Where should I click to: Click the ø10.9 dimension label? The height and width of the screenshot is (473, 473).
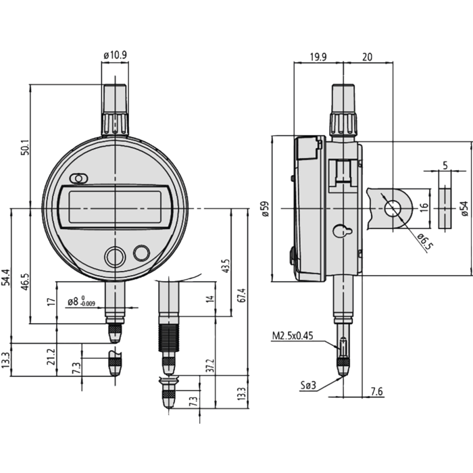coord(115,55)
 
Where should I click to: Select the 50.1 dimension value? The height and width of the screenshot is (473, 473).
coord(25,147)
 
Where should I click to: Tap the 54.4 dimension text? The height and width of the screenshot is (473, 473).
coord(6,278)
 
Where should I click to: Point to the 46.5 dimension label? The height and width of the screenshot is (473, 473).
coord(25,282)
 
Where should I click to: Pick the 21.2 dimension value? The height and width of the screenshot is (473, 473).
coord(51,357)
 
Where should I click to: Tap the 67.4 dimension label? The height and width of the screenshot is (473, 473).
coord(242,295)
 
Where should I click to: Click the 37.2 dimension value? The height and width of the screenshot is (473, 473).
coord(211,366)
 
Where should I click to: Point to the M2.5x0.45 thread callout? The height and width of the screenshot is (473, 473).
coord(293,336)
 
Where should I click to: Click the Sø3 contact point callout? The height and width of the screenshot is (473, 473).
coord(308,385)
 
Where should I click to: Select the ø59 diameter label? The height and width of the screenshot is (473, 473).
coord(266,209)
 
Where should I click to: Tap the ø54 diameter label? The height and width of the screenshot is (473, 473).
coord(465,209)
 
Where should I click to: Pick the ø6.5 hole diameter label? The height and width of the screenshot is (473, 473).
coord(425,242)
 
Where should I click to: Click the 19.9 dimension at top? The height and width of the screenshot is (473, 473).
coord(318,57)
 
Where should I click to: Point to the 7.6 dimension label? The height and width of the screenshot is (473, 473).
coord(376,391)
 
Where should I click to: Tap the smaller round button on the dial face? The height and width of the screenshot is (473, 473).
coord(141,253)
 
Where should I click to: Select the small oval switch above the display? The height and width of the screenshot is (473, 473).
coord(79,178)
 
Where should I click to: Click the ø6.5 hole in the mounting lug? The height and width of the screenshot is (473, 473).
coord(392,209)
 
